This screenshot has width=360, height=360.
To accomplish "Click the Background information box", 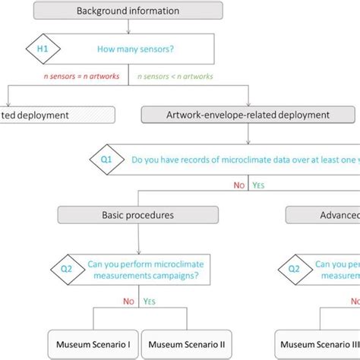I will coord(128,11).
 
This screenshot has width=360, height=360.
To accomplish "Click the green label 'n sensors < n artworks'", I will coord(175,77).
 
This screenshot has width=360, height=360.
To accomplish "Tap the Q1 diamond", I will coord(106,161).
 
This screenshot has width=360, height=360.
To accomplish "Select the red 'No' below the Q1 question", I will coord(238,185).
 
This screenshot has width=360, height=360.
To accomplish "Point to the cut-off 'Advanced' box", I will coord(324,215).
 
